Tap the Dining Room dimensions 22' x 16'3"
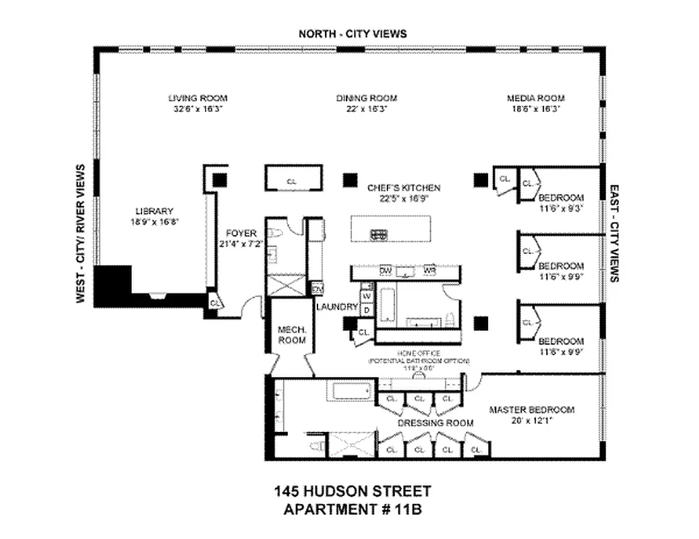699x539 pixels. click(x=366, y=108)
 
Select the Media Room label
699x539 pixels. click(x=535, y=98)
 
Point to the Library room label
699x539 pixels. click(x=154, y=211)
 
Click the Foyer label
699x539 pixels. click(x=240, y=233)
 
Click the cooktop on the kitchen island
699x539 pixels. click(x=379, y=234)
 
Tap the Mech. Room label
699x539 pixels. click(x=292, y=335)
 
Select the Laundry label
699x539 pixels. click(x=337, y=307)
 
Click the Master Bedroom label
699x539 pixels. click(x=531, y=410)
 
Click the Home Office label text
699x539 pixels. click(x=418, y=353)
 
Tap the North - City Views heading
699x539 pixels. click(x=353, y=34)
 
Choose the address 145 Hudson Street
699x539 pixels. click(x=353, y=492)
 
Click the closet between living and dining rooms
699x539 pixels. click(x=291, y=181)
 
